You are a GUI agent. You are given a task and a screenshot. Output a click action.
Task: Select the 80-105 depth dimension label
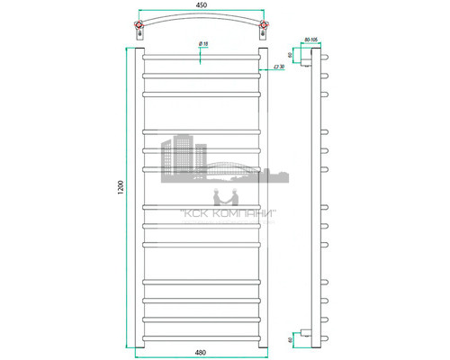pyautogui.click(x=312, y=40)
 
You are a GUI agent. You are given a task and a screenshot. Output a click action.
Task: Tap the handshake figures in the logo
pyautogui.click(x=222, y=196)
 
